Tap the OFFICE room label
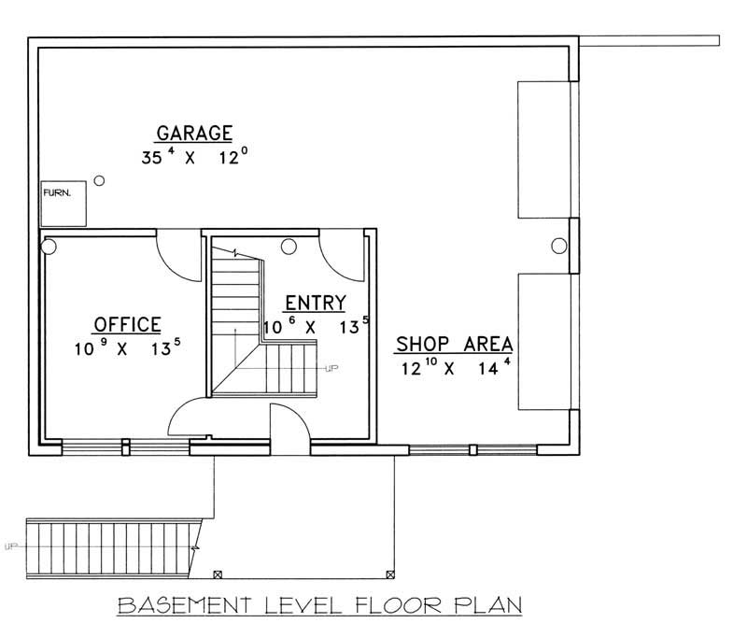click(x=127, y=324)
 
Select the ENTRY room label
click(x=316, y=302)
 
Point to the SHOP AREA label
click(x=454, y=344)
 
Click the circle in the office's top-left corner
click(x=50, y=247)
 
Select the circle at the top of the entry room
click(x=289, y=247)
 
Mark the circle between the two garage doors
click(x=558, y=246)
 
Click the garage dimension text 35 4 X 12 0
click(x=194, y=157)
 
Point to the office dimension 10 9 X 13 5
click(x=127, y=348)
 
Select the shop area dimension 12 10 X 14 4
click(x=454, y=367)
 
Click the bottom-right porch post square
click(x=390, y=573)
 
